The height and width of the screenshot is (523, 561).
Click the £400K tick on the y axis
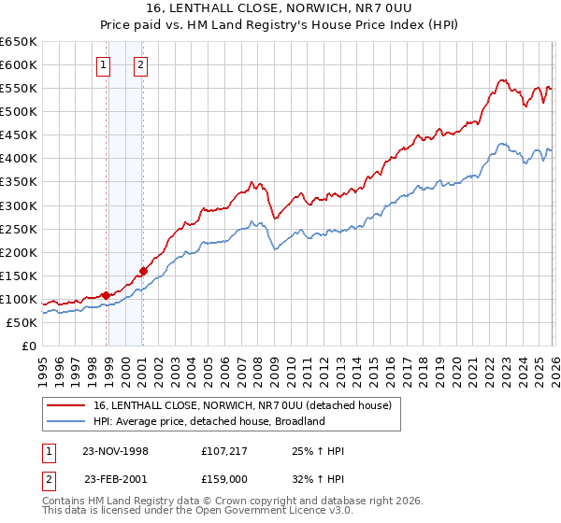pyautogui.click(x=19, y=159)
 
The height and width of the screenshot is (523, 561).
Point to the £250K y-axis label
pyautogui.click(x=19, y=229)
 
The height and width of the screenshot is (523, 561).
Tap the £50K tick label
pyautogui.click(x=22, y=322)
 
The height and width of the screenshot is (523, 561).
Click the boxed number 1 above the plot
pyautogui.click(x=103, y=65)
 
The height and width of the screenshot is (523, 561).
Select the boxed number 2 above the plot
pyautogui.click(x=140, y=65)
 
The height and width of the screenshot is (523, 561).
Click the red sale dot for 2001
pyautogui.click(x=143, y=272)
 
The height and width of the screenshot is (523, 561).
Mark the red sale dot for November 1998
pyautogui.click(x=106, y=295)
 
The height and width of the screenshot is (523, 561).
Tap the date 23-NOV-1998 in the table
pyautogui.click(x=116, y=451)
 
